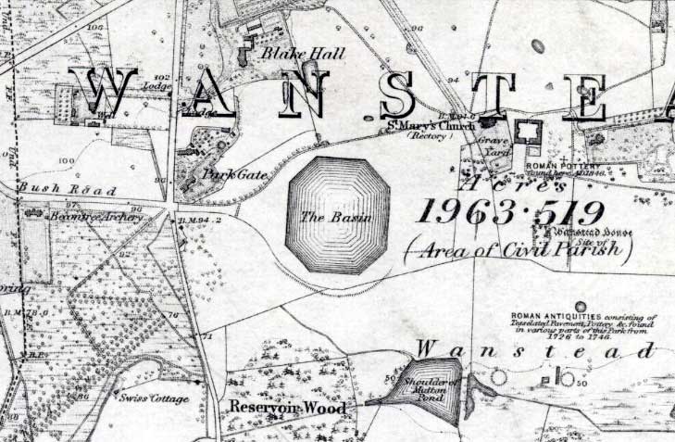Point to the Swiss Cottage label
154,398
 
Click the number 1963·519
510,213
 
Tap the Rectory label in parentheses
426,136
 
